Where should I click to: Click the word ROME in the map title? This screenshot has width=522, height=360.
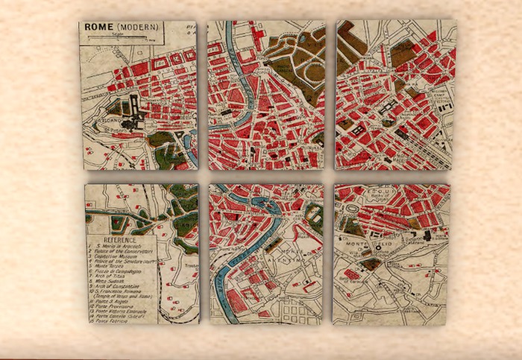98,27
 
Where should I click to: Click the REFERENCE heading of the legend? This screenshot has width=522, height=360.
119,241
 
